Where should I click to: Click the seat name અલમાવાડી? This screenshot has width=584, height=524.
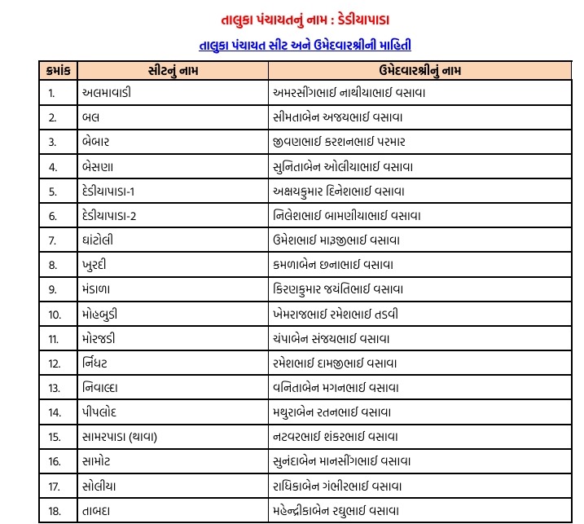(107, 92)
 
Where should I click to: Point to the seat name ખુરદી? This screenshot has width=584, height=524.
(97, 265)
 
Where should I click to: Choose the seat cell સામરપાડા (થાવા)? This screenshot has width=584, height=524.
(120, 438)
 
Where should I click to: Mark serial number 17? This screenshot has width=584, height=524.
(54, 487)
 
